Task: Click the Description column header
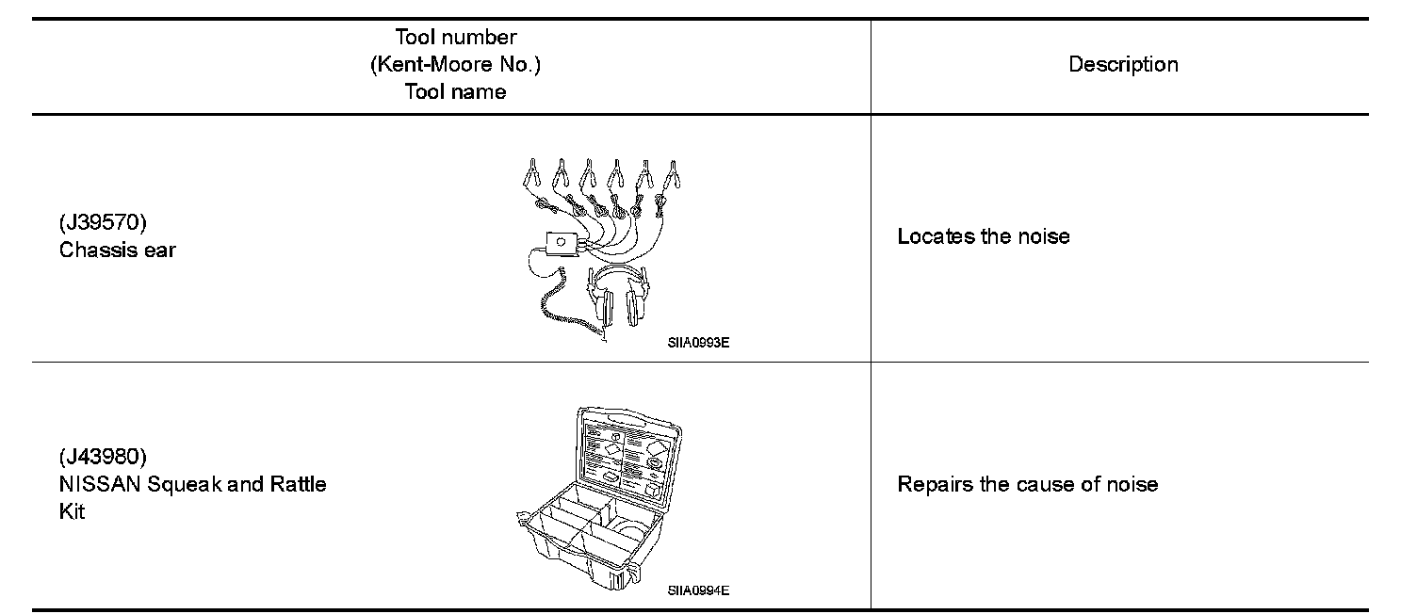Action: (1123, 65)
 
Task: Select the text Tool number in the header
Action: (456, 38)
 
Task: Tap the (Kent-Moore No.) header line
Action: (456, 65)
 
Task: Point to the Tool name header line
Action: (456, 91)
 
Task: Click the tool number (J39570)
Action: (103, 223)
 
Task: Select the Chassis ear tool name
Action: (117, 250)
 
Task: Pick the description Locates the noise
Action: (984, 236)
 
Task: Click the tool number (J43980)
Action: (103, 458)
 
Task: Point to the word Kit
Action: (72, 512)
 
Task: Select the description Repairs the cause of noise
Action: (1028, 484)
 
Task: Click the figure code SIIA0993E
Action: (698, 343)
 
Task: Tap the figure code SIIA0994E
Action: (698, 590)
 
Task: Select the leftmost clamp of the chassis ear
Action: (531, 173)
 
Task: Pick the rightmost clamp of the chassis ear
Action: (673, 173)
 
